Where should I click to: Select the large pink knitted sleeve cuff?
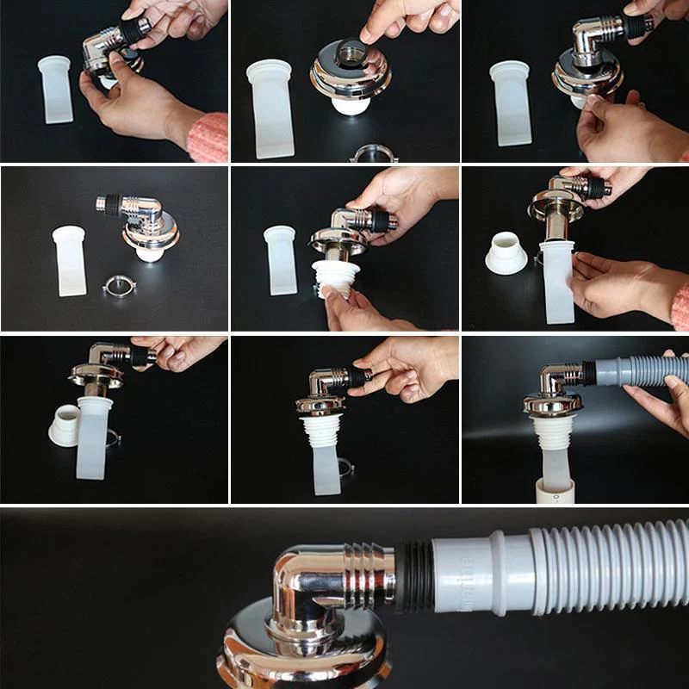[208, 137]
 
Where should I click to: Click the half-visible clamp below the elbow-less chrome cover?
[374, 154]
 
